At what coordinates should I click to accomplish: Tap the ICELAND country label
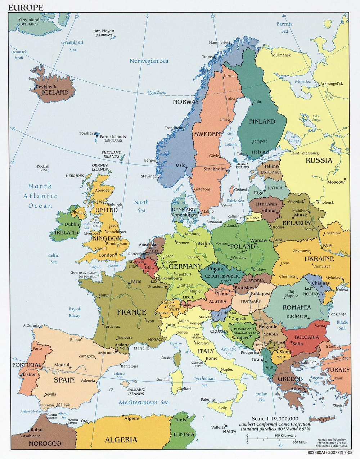[55, 93]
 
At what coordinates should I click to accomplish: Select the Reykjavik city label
[46, 87]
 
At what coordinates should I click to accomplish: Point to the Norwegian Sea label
[149, 61]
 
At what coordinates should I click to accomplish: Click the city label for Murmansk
[281, 55]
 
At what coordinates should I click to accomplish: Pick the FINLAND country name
[262, 122]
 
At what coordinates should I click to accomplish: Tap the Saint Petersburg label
[304, 153]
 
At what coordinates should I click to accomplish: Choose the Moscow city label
[336, 182]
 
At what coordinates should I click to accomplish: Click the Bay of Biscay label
[75, 312]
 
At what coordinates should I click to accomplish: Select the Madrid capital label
[62, 365]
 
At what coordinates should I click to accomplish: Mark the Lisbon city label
[30, 374]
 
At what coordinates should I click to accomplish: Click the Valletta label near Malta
[218, 427]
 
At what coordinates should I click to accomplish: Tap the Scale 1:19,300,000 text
[275, 418]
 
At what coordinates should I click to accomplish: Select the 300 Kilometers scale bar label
[285, 436]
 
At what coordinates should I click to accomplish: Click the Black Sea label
[342, 325]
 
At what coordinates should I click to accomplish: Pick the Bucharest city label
[297, 316]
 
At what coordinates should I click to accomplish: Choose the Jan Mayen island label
[104, 31]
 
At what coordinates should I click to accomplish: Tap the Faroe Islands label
[113, 137]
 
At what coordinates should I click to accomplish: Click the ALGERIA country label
[121, 440]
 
